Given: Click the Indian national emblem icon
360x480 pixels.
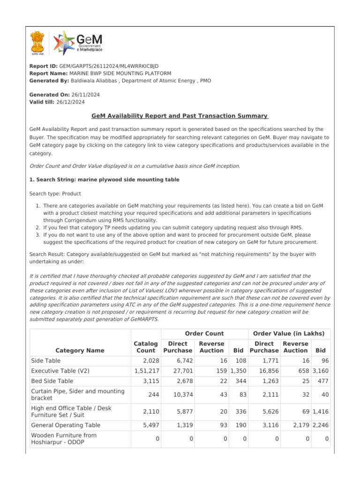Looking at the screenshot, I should click(37, 43).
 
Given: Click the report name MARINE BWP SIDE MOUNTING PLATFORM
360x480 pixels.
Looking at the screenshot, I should click(120, 74).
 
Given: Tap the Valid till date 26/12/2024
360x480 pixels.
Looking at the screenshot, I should click(71, 102).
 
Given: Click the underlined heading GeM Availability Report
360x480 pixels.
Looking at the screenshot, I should click(180, 116).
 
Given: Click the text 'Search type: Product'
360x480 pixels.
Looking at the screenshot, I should click(55, 194).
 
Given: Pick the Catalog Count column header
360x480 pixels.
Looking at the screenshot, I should click(145, 347).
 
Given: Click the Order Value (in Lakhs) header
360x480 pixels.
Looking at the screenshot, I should click(288, 334).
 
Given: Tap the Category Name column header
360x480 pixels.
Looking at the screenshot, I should click(80, 350).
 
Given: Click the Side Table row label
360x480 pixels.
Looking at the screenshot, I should click(45, 361).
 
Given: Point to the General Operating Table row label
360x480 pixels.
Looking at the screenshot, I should click(66, 425).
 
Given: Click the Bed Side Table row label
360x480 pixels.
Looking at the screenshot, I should click(52, 381).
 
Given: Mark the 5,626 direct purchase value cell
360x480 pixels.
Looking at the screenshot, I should click(267, 412).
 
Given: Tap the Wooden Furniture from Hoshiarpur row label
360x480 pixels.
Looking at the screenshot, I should click(64, 439).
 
